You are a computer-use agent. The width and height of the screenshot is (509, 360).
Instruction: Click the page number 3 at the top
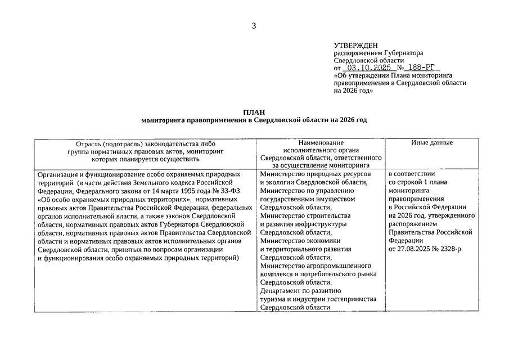(254, 25)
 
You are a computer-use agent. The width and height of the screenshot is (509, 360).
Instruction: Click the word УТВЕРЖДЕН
(356, 45)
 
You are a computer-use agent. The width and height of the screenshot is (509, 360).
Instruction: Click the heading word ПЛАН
(254, 112)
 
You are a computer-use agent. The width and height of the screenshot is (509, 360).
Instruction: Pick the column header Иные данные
(432, 143)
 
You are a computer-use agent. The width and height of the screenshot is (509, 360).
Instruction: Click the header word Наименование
(321, 143)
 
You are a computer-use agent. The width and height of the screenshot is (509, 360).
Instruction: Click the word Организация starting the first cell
(57, 174)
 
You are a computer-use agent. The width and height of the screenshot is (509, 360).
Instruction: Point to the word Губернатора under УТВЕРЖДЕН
(400, 52)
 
